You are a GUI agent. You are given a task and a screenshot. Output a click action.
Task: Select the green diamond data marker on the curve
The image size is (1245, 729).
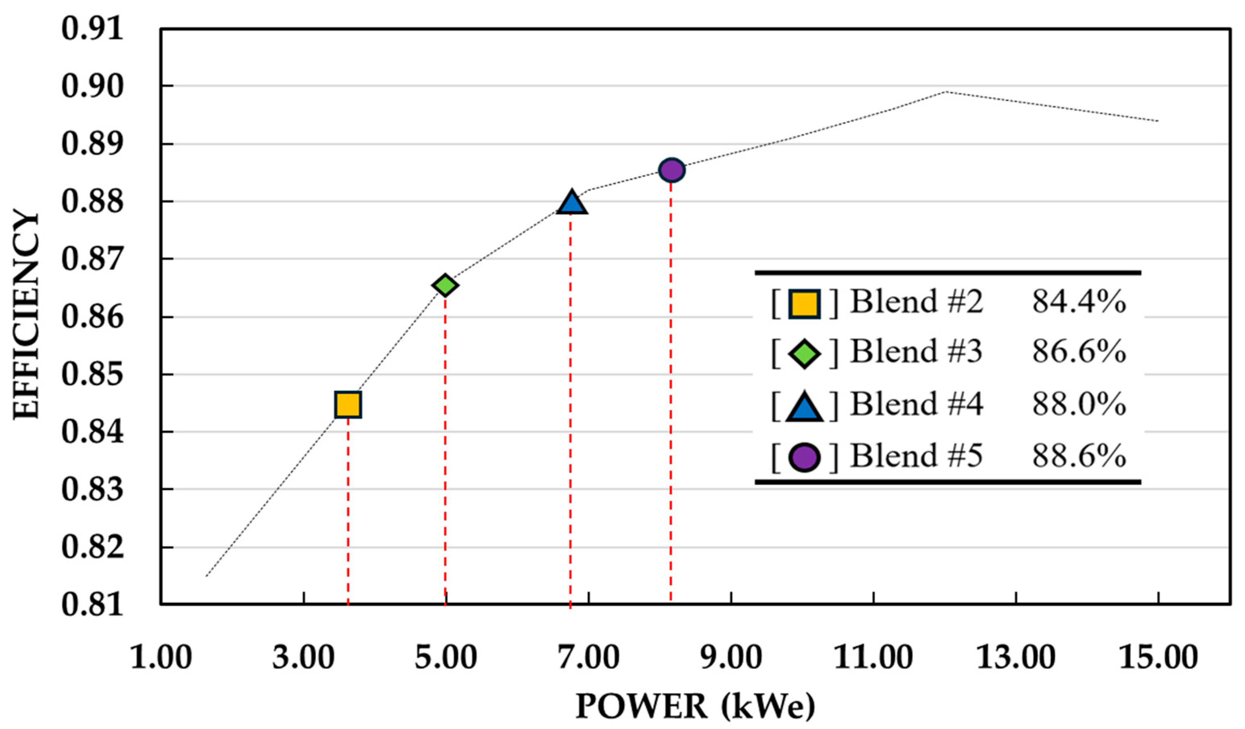click(x=445, y=285)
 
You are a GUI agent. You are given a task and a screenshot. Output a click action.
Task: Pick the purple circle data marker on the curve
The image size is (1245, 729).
click(x=672, y=170)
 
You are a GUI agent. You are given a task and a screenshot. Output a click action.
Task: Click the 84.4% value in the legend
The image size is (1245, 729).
click(x=1078, y=302)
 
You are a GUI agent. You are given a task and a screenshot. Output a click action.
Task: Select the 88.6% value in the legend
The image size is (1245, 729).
click(x=1078, y=455)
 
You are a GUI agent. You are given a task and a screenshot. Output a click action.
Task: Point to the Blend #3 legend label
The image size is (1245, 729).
click(x=916, y=352)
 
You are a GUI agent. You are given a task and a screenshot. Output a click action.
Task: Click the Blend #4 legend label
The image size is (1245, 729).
click(x=916, y=404)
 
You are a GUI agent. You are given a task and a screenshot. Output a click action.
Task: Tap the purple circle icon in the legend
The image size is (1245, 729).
click(x=804, y=457)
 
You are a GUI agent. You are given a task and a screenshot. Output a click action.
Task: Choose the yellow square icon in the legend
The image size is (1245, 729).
click(x=804, y=304)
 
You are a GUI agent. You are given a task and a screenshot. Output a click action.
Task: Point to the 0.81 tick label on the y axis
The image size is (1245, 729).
click(x=92, y=605)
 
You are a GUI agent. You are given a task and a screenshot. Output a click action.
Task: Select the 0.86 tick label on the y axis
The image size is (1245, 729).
click(x=92, y=317)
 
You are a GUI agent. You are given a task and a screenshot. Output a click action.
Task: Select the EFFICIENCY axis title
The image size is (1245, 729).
click(x=26, y=316)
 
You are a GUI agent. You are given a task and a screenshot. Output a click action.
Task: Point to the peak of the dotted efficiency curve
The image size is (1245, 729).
click(x=945, y=92)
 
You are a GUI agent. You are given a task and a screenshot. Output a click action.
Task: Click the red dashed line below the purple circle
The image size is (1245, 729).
click(x=670, y=395)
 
